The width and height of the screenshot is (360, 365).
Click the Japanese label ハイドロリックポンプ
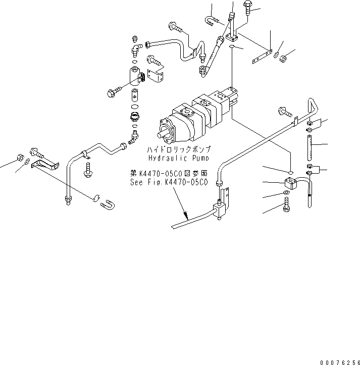coord(178,150)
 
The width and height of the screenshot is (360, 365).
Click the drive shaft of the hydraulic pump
coord(164,135)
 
